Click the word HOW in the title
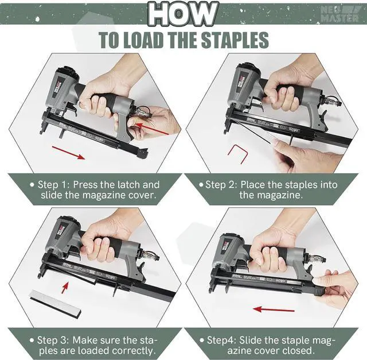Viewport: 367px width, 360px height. pyautogui.click(x=183, y=14)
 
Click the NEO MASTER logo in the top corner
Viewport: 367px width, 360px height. pyautogui.click(x=343, y=13)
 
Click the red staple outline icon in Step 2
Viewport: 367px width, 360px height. pyautogui.click(x=236, y=154)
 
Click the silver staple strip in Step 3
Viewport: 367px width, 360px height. pyautogui.click(x=55, y=302)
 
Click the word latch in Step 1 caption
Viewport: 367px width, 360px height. pyautogui.click(x=123, y=185)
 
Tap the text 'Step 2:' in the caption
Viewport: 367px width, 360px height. pyautogui.click(x=221, y=185)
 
